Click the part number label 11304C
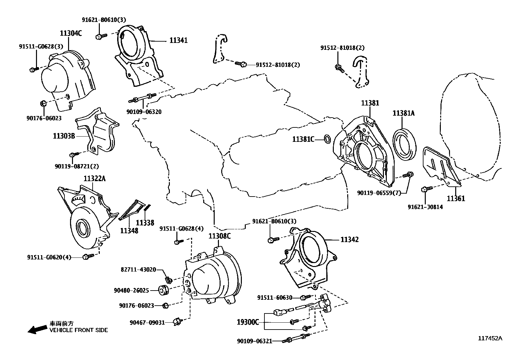pyautogui.click(x=71, y=33)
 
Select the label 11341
pyautogui.click(x=178, y=40)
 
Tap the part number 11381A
pyautogui.click(x=404, y=113)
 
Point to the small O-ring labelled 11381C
pyautogui.click(x=327, y=139)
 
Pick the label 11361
pyautogui.click(x=456, y=199)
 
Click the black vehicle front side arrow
pyautogui.click(x=37, y=329)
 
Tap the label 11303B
pyautogui.click(x=64, y=136)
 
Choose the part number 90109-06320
pyautogui.click(x=144, y=112)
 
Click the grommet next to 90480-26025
pyautogui.click(x=164, y=290)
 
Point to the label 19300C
pyautogui.click(x=248, y=322)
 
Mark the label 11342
pyautogui.click(x=350, y=239)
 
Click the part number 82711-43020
pyautogui.click(x=138, y=270)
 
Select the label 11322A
pyautogui.click(x=95, y=179)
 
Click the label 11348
pyautogui.click(x=129, y=231)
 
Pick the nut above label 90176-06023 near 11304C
pyautogui.click(x=43, y=103)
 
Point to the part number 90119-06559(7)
pyautogui.click(x=379, y=193)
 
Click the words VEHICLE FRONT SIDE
pyautogui.click(x=79, y=330)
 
